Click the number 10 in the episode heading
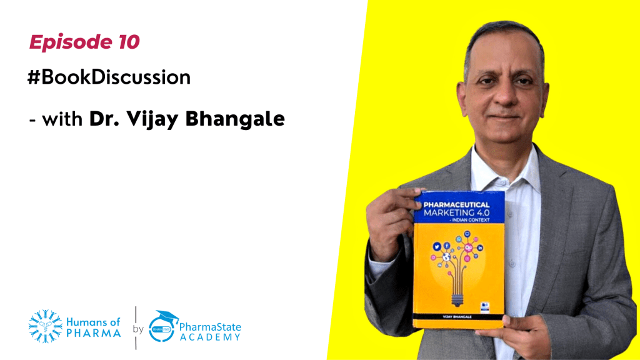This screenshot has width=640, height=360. point(127,42)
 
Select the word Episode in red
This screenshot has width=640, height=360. point(71,42)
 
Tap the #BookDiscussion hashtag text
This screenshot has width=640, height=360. point(109,77)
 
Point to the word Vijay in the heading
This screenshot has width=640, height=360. point(165,118)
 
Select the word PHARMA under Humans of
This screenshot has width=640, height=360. point(94,333)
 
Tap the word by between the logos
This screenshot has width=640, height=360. point(138,329)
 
